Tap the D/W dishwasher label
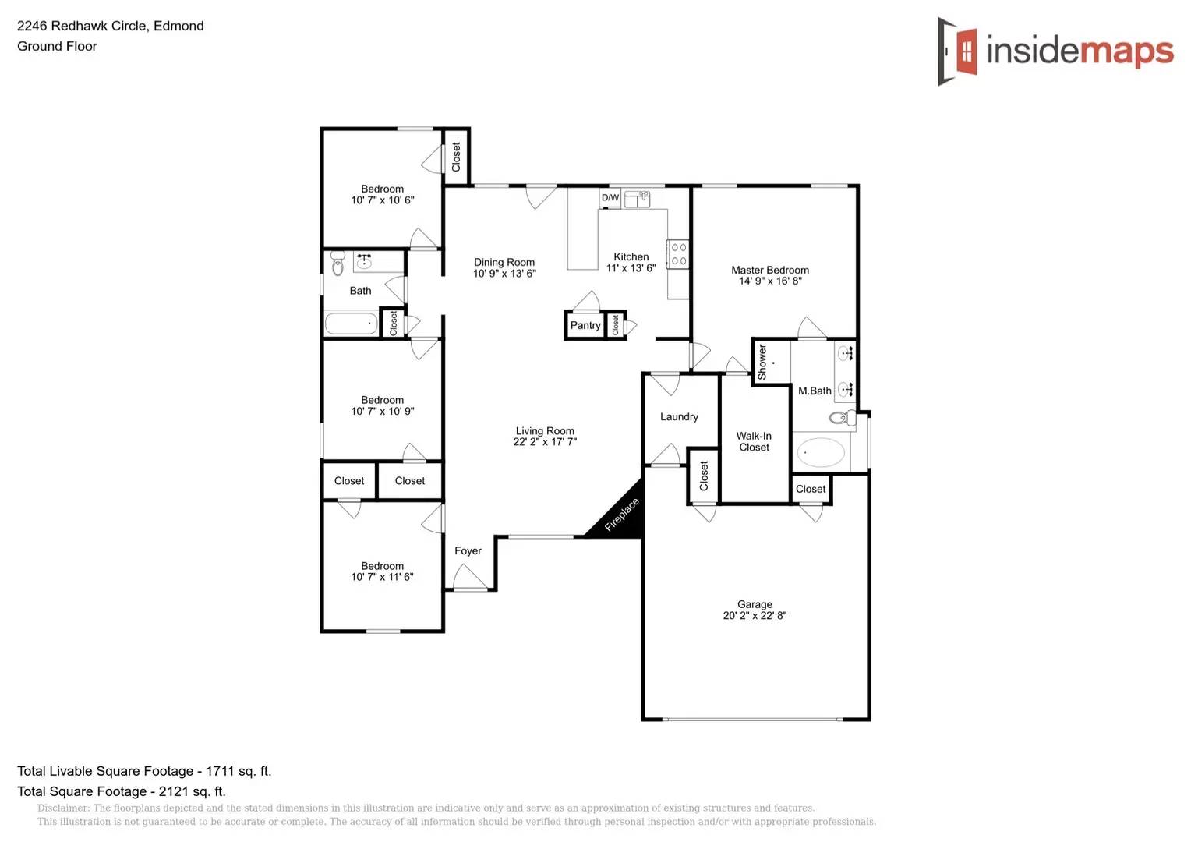pos(610,198)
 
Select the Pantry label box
pos(585,325)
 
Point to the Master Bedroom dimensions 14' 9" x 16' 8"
pos(770,281)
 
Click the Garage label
pos(755,604)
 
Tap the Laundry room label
pos(679,417)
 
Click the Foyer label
pos(468,551)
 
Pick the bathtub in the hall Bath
pos(351,324)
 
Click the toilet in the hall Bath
pos(338,264)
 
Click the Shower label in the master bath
pos(762,363)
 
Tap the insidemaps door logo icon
pos(958,51)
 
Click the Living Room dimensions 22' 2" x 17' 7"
pos(545,442)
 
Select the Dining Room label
pos(504,263)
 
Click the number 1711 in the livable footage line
pos(220,771)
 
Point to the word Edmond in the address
pos(178,26)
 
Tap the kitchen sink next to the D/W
pos(637,199)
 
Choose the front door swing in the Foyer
pos(469,578)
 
